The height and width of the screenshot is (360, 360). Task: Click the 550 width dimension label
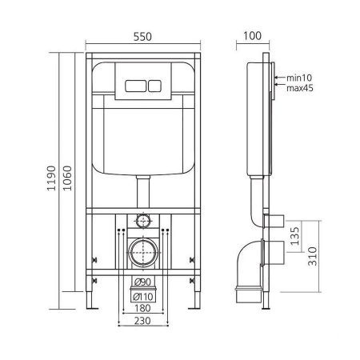[x=142, y=37]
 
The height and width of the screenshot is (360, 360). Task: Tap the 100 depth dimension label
[x=252, y=36]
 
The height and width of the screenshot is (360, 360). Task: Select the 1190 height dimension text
[x=51, y=178]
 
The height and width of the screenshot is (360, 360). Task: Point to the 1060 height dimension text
[x=67, y=178]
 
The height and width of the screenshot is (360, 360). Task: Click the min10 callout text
[x=299, y=78]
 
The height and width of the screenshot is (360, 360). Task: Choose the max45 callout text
[x=300, y=88]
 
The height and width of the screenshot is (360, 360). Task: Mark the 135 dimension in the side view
[x=294, y=236]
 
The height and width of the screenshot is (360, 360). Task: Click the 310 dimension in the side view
[x=313, y=256]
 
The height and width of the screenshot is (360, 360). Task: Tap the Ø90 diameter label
[x=142, y=282]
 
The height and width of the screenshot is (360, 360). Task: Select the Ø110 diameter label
[x=142, y=297]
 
